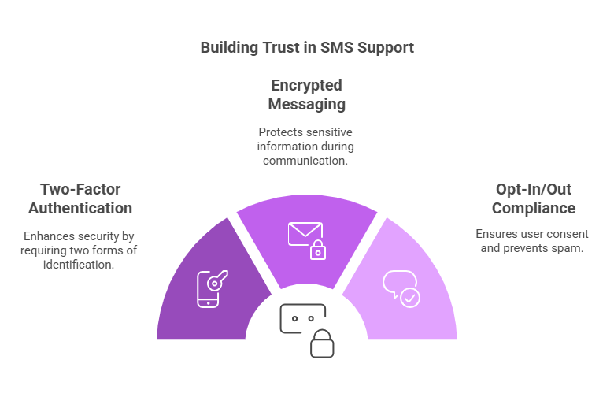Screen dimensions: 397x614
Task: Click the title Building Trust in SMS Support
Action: pyautogui.click(x=307, y=47)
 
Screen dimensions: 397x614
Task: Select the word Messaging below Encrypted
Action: pyautogui.click(x=306, y=104)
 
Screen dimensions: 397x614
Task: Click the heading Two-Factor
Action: pyautogui.click(x=80, y=189)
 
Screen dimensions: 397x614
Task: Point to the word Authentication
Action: pyautogui.click(x=80, y=208)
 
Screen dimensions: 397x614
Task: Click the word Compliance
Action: pyautogui.click(x=534, y=208)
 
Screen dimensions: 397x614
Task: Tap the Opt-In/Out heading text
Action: pyautogui.click(x=534, y=189)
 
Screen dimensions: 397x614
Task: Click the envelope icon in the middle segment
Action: pyautogui.click(x=304, y=234)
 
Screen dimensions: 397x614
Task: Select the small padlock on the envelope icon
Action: pyautogui.click(x=317, y=250)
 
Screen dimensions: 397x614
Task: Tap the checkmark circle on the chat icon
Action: pyautogui.click(x=410, y=298)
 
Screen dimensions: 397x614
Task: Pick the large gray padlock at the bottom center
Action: pyautogui.click(x=321, y=343)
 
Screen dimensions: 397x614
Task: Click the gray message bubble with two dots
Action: pyautogui.click(x=302, y=319)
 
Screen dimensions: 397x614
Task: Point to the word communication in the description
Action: pyautogui.click(x=306, y=161)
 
